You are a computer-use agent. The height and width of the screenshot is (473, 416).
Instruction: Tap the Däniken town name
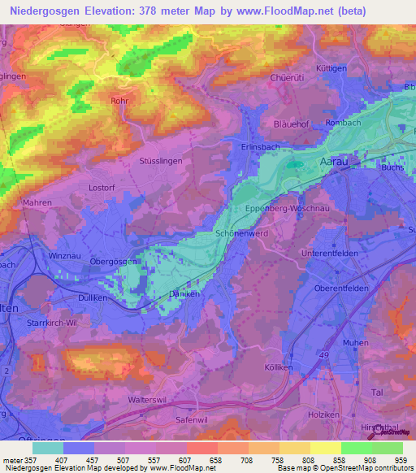185,293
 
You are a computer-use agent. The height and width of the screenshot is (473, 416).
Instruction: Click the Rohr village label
120,102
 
